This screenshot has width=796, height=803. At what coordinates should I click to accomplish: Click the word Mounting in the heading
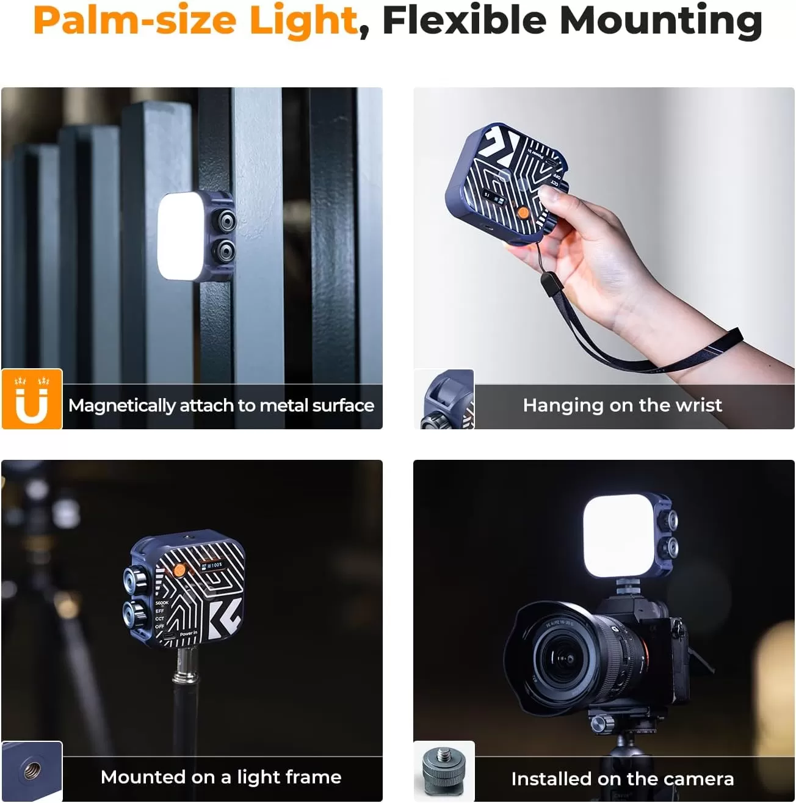(660, 21)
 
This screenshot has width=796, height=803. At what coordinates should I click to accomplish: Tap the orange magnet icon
(32, 399)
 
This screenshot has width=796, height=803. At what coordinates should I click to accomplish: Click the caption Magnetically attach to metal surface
(221, 405)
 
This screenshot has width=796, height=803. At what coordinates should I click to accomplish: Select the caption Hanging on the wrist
(622, 405)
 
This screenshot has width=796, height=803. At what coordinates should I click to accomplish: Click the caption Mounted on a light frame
(221, 777)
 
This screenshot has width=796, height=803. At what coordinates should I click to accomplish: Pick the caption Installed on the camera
(622, 779)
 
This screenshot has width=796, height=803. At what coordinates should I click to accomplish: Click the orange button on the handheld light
(523, 213)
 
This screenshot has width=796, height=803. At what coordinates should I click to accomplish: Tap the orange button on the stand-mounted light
(179, 570)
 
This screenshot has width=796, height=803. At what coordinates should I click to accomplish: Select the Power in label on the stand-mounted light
(188, 634)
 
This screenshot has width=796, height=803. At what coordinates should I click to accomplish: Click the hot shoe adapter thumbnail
(444, 771)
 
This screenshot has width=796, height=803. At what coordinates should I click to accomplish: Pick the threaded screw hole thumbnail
(32, 771)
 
